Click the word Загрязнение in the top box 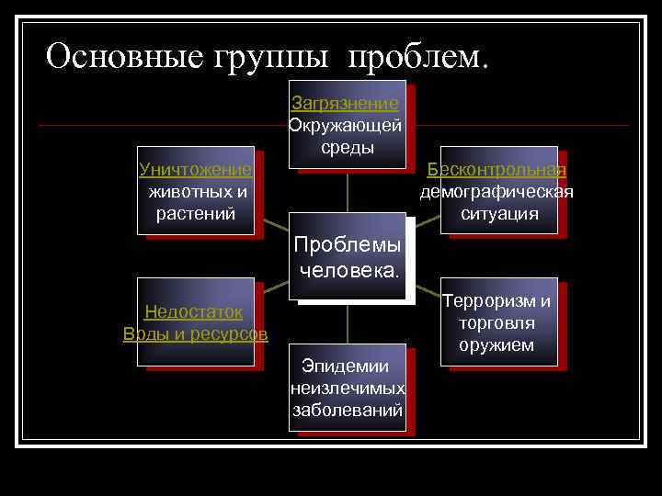point(345,104)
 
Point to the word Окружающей point(345,126)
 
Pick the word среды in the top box point(348,147)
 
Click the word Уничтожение point(195,170)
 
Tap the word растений point(197,214)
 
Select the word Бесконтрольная point(496,170)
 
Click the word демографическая point(496,192)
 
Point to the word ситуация point(499,214)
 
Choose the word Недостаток point(193,311)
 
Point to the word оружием point(496,345)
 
